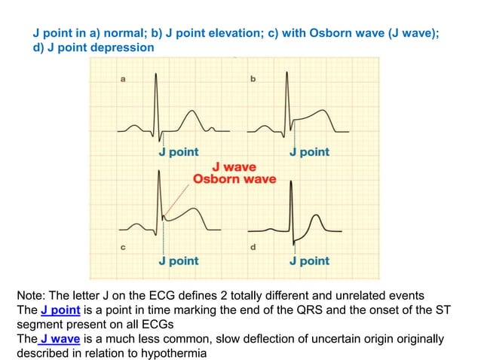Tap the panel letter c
click(124, 247)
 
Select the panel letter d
click(253, 247)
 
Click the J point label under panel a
click(179, 152)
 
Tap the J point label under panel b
click(309, 152)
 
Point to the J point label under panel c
click(179, 261)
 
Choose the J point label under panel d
click(309, 261)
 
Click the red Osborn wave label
click(234, 179)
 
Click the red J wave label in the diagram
click(234, 166)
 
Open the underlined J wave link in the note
click(60, 339)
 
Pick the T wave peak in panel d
click(317, 216)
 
